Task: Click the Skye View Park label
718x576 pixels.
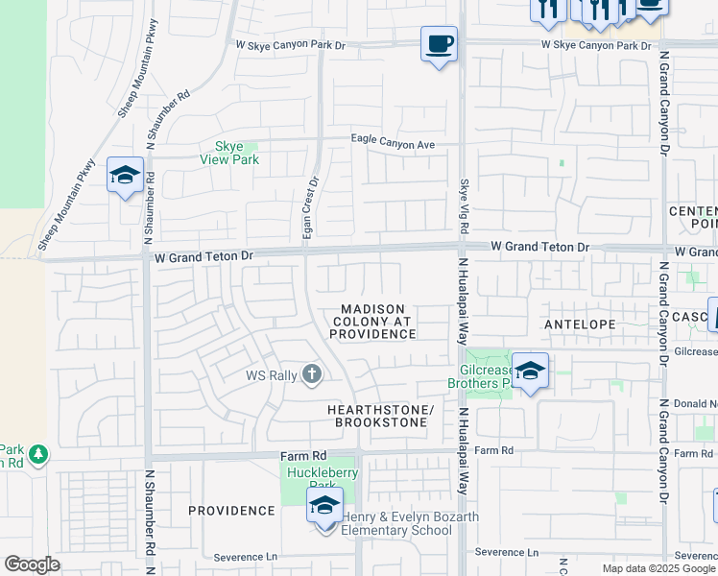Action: pos(228,154)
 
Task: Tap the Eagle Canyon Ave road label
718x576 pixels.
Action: pos(393,144)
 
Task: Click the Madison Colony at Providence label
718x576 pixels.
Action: pos(372,322)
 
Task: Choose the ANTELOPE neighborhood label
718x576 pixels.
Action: pos(579,324)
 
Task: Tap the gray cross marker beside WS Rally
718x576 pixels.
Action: pos(311,373)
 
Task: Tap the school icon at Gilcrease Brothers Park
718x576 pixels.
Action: pos(530,371)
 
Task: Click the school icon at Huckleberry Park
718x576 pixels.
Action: pos(325,505)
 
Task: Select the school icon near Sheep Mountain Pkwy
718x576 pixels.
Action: pos(125,176)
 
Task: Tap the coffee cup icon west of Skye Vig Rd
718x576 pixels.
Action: pos(439,44)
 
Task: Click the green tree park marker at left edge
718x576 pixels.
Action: pos(37,452)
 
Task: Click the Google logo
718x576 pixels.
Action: pos(32,564)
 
